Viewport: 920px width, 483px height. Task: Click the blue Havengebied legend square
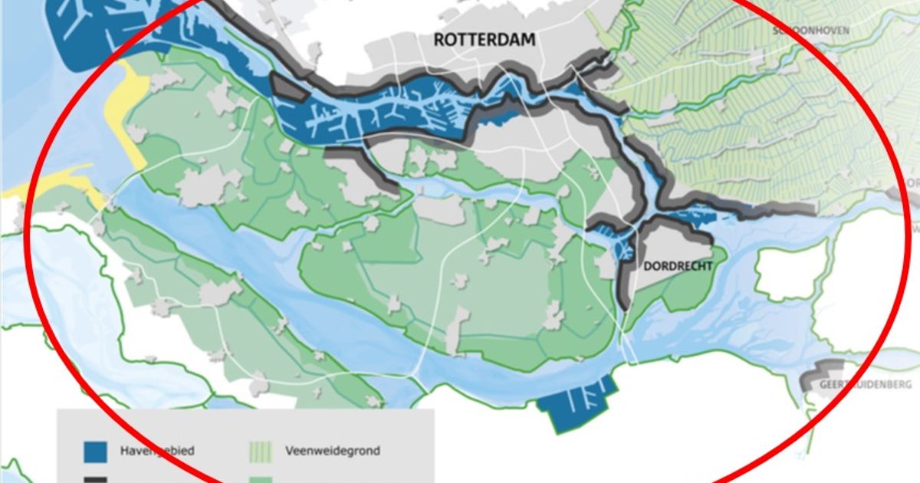coord(96,451)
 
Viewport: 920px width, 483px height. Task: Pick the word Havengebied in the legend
coord(151,451)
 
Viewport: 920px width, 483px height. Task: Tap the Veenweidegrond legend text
coord(331,451)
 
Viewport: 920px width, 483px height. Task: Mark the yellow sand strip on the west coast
coord(127,123)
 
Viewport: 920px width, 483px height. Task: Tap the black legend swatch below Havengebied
coord(96,479)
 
